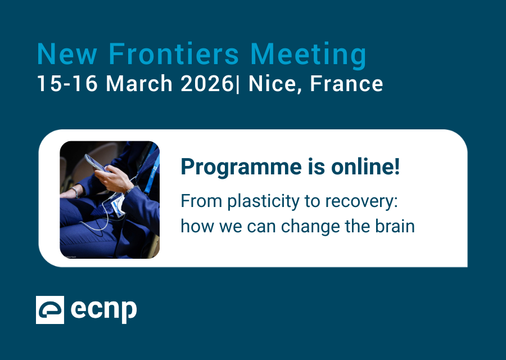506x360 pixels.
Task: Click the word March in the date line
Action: tap(140, 84)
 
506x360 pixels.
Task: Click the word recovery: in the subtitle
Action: tap(359, 201)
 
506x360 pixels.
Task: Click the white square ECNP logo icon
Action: tap(50, 310)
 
